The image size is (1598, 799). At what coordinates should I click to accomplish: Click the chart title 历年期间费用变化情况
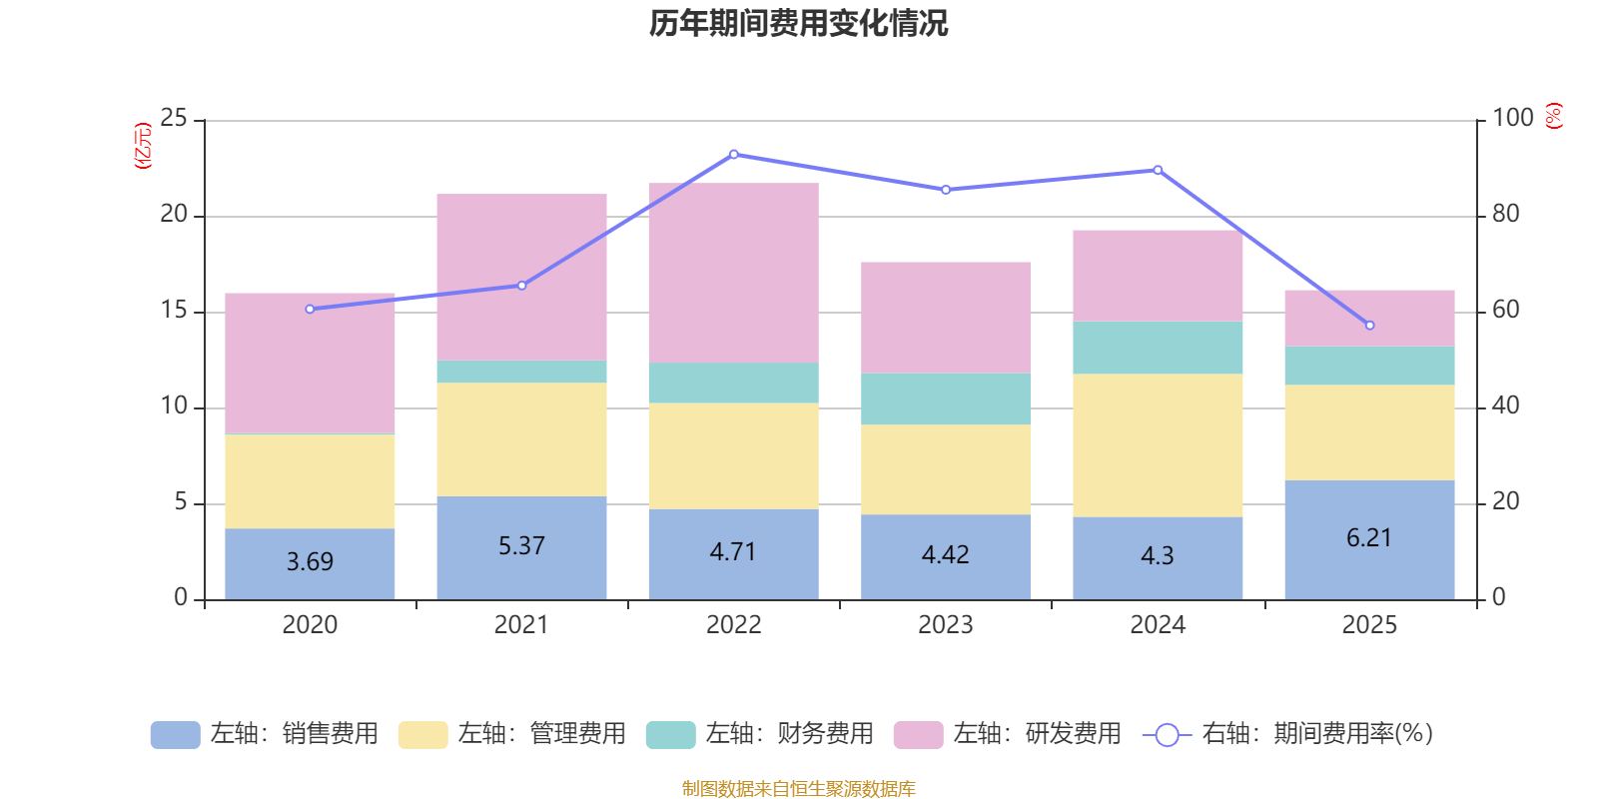(798, 23)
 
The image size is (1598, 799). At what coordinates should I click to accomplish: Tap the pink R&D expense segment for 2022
(733, 272)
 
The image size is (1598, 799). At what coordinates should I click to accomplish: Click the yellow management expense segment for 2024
(1158, 444)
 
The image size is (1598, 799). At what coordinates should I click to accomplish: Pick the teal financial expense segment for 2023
(946, 399)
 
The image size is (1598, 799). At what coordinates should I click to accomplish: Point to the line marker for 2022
(733, 155)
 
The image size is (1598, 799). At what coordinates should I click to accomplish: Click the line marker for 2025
(1369, 326)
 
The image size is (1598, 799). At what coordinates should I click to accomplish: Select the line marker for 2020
(310, 310)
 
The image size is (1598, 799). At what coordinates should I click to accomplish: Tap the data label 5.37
(521, 546)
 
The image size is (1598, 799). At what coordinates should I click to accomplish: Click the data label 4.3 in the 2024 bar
(1158, 556)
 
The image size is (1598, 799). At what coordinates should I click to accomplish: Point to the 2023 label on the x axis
(946, 625)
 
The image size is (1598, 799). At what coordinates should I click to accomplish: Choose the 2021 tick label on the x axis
(521, 625)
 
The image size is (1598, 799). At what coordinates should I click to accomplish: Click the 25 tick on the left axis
(174, 119)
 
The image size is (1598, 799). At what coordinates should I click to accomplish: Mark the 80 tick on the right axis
(1505, 214)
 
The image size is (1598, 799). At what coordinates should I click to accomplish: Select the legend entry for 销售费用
(266, 734)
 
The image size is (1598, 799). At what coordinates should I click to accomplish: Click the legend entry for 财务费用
(761, 734)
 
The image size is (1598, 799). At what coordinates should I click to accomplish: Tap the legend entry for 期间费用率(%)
(1294, 734)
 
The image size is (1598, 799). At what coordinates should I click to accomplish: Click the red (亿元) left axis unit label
(144, 146)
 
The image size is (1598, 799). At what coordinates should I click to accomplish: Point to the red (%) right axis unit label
(1554, 116)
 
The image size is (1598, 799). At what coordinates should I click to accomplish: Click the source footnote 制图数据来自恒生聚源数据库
(798, 789)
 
